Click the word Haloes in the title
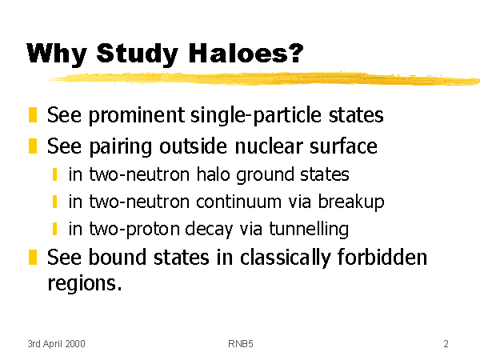246,54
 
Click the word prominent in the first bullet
137,116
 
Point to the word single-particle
256,116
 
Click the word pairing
120,147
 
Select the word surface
343,146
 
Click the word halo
213,174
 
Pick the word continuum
238,202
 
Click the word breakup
351,202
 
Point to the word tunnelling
309,230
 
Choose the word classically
286,258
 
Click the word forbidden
382,257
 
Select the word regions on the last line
82,283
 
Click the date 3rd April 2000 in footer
56,344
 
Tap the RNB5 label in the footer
241,344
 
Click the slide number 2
446,344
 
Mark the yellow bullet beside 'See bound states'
33,257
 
